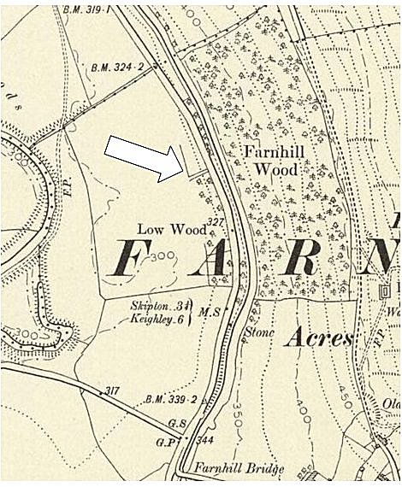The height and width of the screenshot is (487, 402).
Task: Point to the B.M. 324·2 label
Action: coord(116,66)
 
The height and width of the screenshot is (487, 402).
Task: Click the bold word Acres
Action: coord(319,338)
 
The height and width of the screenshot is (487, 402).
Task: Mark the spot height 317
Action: coord(109,391)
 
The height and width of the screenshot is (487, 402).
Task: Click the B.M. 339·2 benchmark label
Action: coord(170,399)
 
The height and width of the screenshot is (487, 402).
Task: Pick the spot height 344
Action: coord(204,440)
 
